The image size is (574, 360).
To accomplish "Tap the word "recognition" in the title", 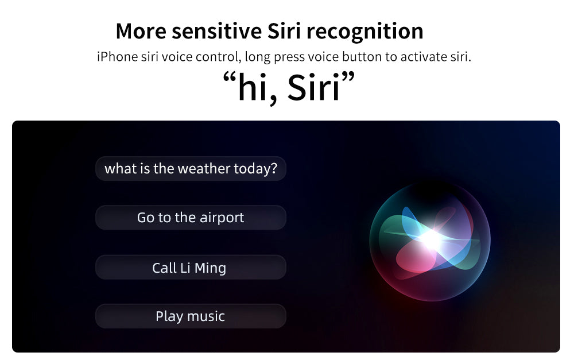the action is pyautogui.click(x=364, y=32).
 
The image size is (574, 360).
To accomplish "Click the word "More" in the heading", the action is pyautogui.click(x=141, y=31).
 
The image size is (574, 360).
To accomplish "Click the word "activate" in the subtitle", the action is pyautogui.click(x=424, y=57).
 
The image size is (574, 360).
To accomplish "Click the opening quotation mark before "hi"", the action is pyautogui.click(x=229, y=78).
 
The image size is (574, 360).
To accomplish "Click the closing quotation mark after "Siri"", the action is pyautogui.click(x=348, y=78).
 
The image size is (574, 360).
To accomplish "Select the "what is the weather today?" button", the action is pyautogui.click(x=191, y=168).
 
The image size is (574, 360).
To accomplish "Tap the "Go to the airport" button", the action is pyautogui.click(x=191, y=218).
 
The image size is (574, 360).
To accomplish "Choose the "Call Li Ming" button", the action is pyautogui.click(x=191, y=268).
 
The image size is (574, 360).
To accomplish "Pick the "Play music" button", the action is pyautogui.click(x=191, y=316).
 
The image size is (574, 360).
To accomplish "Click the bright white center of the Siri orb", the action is pyautogui.click(x=430, y=239).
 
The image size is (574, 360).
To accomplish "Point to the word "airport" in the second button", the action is pyautogui.click(x=222, y=218).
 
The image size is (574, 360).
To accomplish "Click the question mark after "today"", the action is pyautogui.click(x=274, y=168).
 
